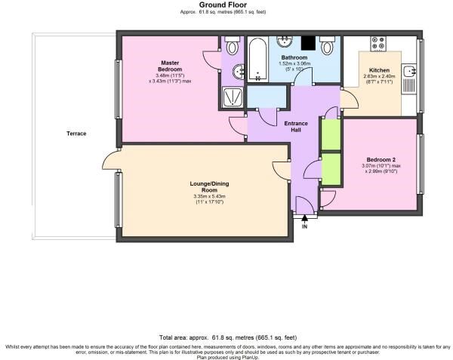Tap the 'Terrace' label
click(75, 134)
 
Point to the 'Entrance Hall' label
click(293, 126)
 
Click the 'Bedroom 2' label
click(381, 159)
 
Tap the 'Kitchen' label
click(378, 69)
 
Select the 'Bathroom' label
click(294, 57)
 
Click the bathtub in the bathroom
click(257, 61)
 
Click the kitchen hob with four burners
click(377, 46)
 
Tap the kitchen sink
click(409, 72)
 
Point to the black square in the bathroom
click(308, 43)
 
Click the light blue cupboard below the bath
click(267, 97)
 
